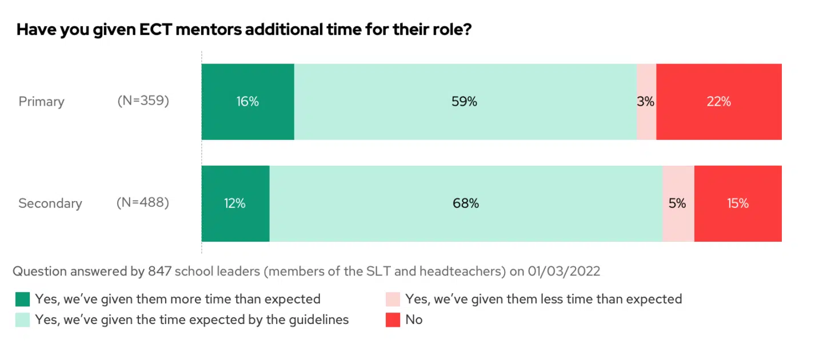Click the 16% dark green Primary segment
pos(247,102)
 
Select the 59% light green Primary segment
pos(465,102)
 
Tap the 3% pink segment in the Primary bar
pos(646,102)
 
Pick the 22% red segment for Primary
pos(718,102)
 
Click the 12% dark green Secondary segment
pos(235,203)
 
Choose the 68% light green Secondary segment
pos(465,203)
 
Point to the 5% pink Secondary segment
pos(678,203)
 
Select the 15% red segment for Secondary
pos(737,203)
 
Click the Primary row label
pos(41,102)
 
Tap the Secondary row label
pos(50,203)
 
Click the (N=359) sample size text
pos(143,101)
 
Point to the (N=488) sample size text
pos(143,203)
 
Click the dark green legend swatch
pos(23,299)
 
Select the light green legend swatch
pos(23,320)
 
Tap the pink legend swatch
pos(393,299)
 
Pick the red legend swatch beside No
pos(393,320)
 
